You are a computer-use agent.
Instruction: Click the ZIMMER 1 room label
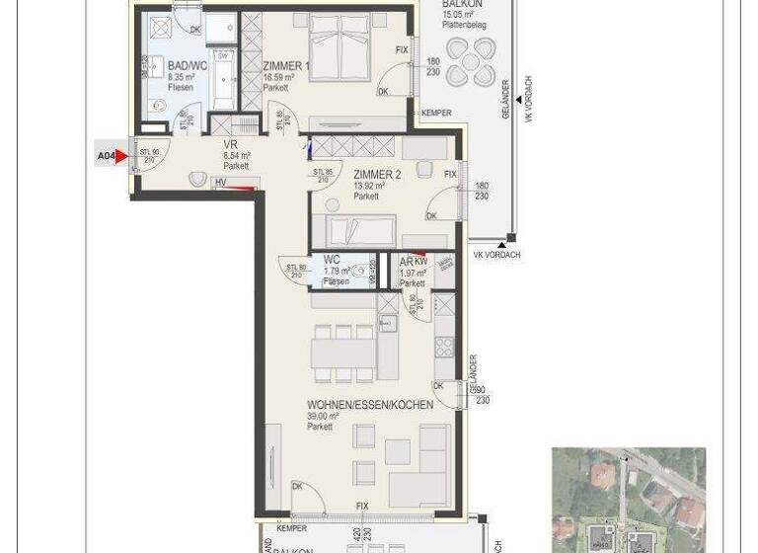pos(285,66)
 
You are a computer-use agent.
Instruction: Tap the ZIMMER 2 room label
pos(376,174)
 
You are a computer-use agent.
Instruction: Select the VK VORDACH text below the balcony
pos(496,255)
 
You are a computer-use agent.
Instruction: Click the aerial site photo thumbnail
pos(628,500)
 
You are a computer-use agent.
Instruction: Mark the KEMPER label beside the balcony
pos(435,114)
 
